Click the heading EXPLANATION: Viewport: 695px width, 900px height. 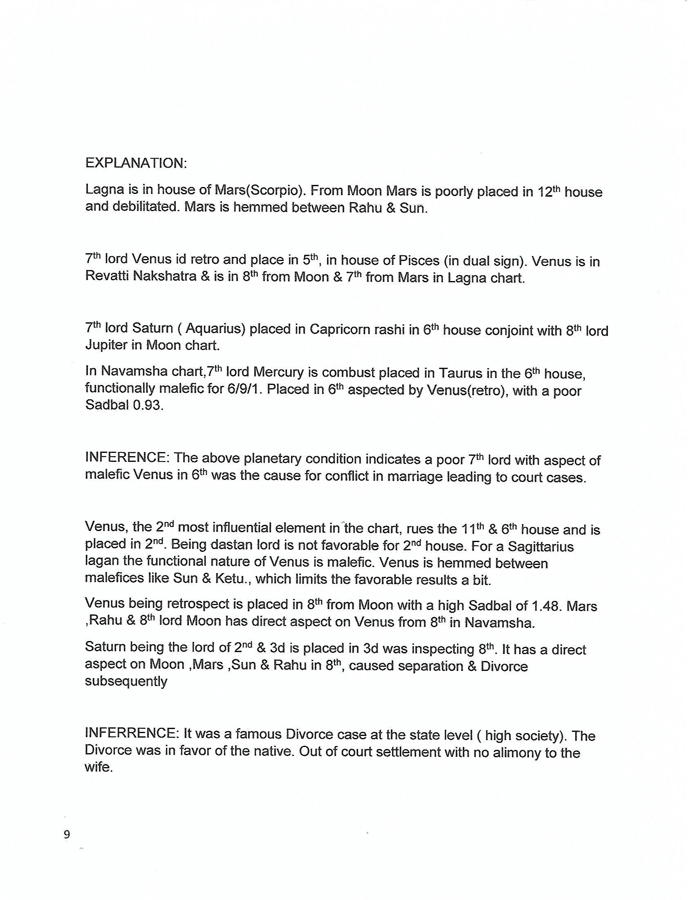(x=136, y=163)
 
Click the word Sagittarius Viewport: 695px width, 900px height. (x=540, y=547)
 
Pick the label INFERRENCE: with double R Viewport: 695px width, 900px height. (x=131, y=734)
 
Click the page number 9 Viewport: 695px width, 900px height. (x=67, y=835)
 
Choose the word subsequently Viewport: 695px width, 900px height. (x=126, y=681)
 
